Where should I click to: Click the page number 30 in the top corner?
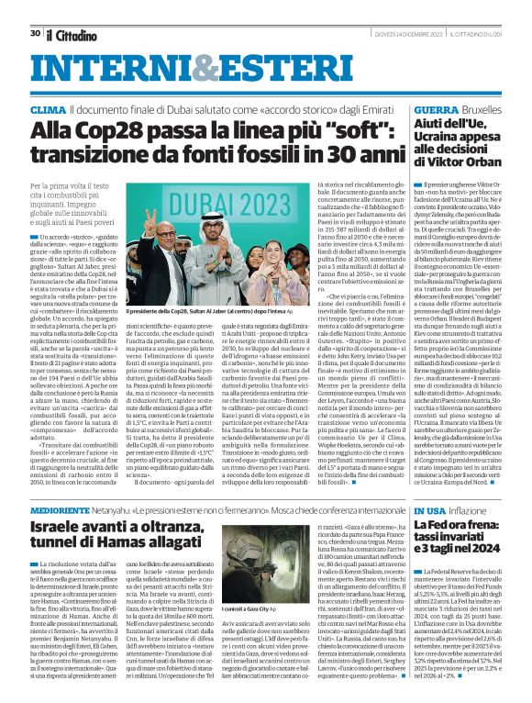35,7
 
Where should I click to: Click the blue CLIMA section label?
48,109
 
